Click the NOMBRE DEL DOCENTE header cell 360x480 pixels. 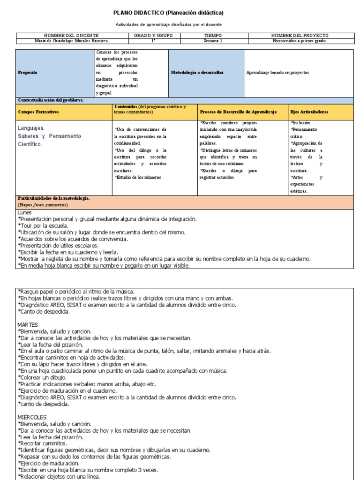pos(71,35)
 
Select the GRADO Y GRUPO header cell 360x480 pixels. pos(153,35)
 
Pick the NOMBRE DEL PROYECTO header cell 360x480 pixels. pos(300,35)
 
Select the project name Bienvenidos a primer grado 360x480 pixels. pos(300,41)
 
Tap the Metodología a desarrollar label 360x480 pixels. pos(197,73)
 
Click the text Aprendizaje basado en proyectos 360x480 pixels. pos(278,73)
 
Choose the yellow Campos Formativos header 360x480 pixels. pos(38,112)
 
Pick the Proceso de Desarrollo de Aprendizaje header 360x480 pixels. pos(238,112)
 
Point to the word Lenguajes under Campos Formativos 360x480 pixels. pos(31,127)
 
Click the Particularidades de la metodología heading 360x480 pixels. pos(53,199)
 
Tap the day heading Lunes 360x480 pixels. pos(24,212)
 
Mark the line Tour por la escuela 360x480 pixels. pos(44,225)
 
